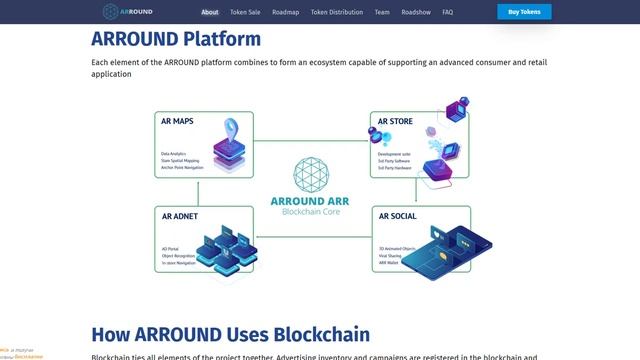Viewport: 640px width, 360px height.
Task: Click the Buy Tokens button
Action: point(524,12)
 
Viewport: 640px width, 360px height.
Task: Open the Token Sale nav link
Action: point(245,12)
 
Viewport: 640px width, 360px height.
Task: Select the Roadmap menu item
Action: point(285,12)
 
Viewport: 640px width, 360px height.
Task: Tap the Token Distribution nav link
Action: point(336,12)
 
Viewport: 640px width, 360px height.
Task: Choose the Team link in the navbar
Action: point(382,12)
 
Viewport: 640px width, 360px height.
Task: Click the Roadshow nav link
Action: point(415,12)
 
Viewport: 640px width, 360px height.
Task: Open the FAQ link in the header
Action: point(447,12)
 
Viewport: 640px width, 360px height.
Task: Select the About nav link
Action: point(210,12)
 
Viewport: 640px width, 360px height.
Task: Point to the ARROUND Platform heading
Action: point(176,40)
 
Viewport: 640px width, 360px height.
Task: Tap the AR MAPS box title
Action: point(178,121)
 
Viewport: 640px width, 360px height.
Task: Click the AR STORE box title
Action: point(395,121)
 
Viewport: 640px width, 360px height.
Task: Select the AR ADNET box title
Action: point(180,215)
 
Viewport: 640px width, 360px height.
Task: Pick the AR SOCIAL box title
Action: point(397,215)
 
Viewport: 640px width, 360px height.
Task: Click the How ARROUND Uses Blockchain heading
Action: point(230,334)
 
